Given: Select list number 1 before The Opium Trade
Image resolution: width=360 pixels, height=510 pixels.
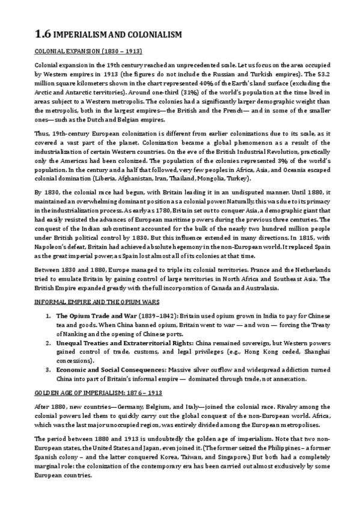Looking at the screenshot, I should click(x=48, y=315).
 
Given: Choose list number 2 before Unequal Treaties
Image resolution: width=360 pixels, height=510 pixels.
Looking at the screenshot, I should click(x=48, y=343).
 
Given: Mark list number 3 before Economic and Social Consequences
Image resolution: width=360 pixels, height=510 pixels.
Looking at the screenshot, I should click(x=48, y=371).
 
